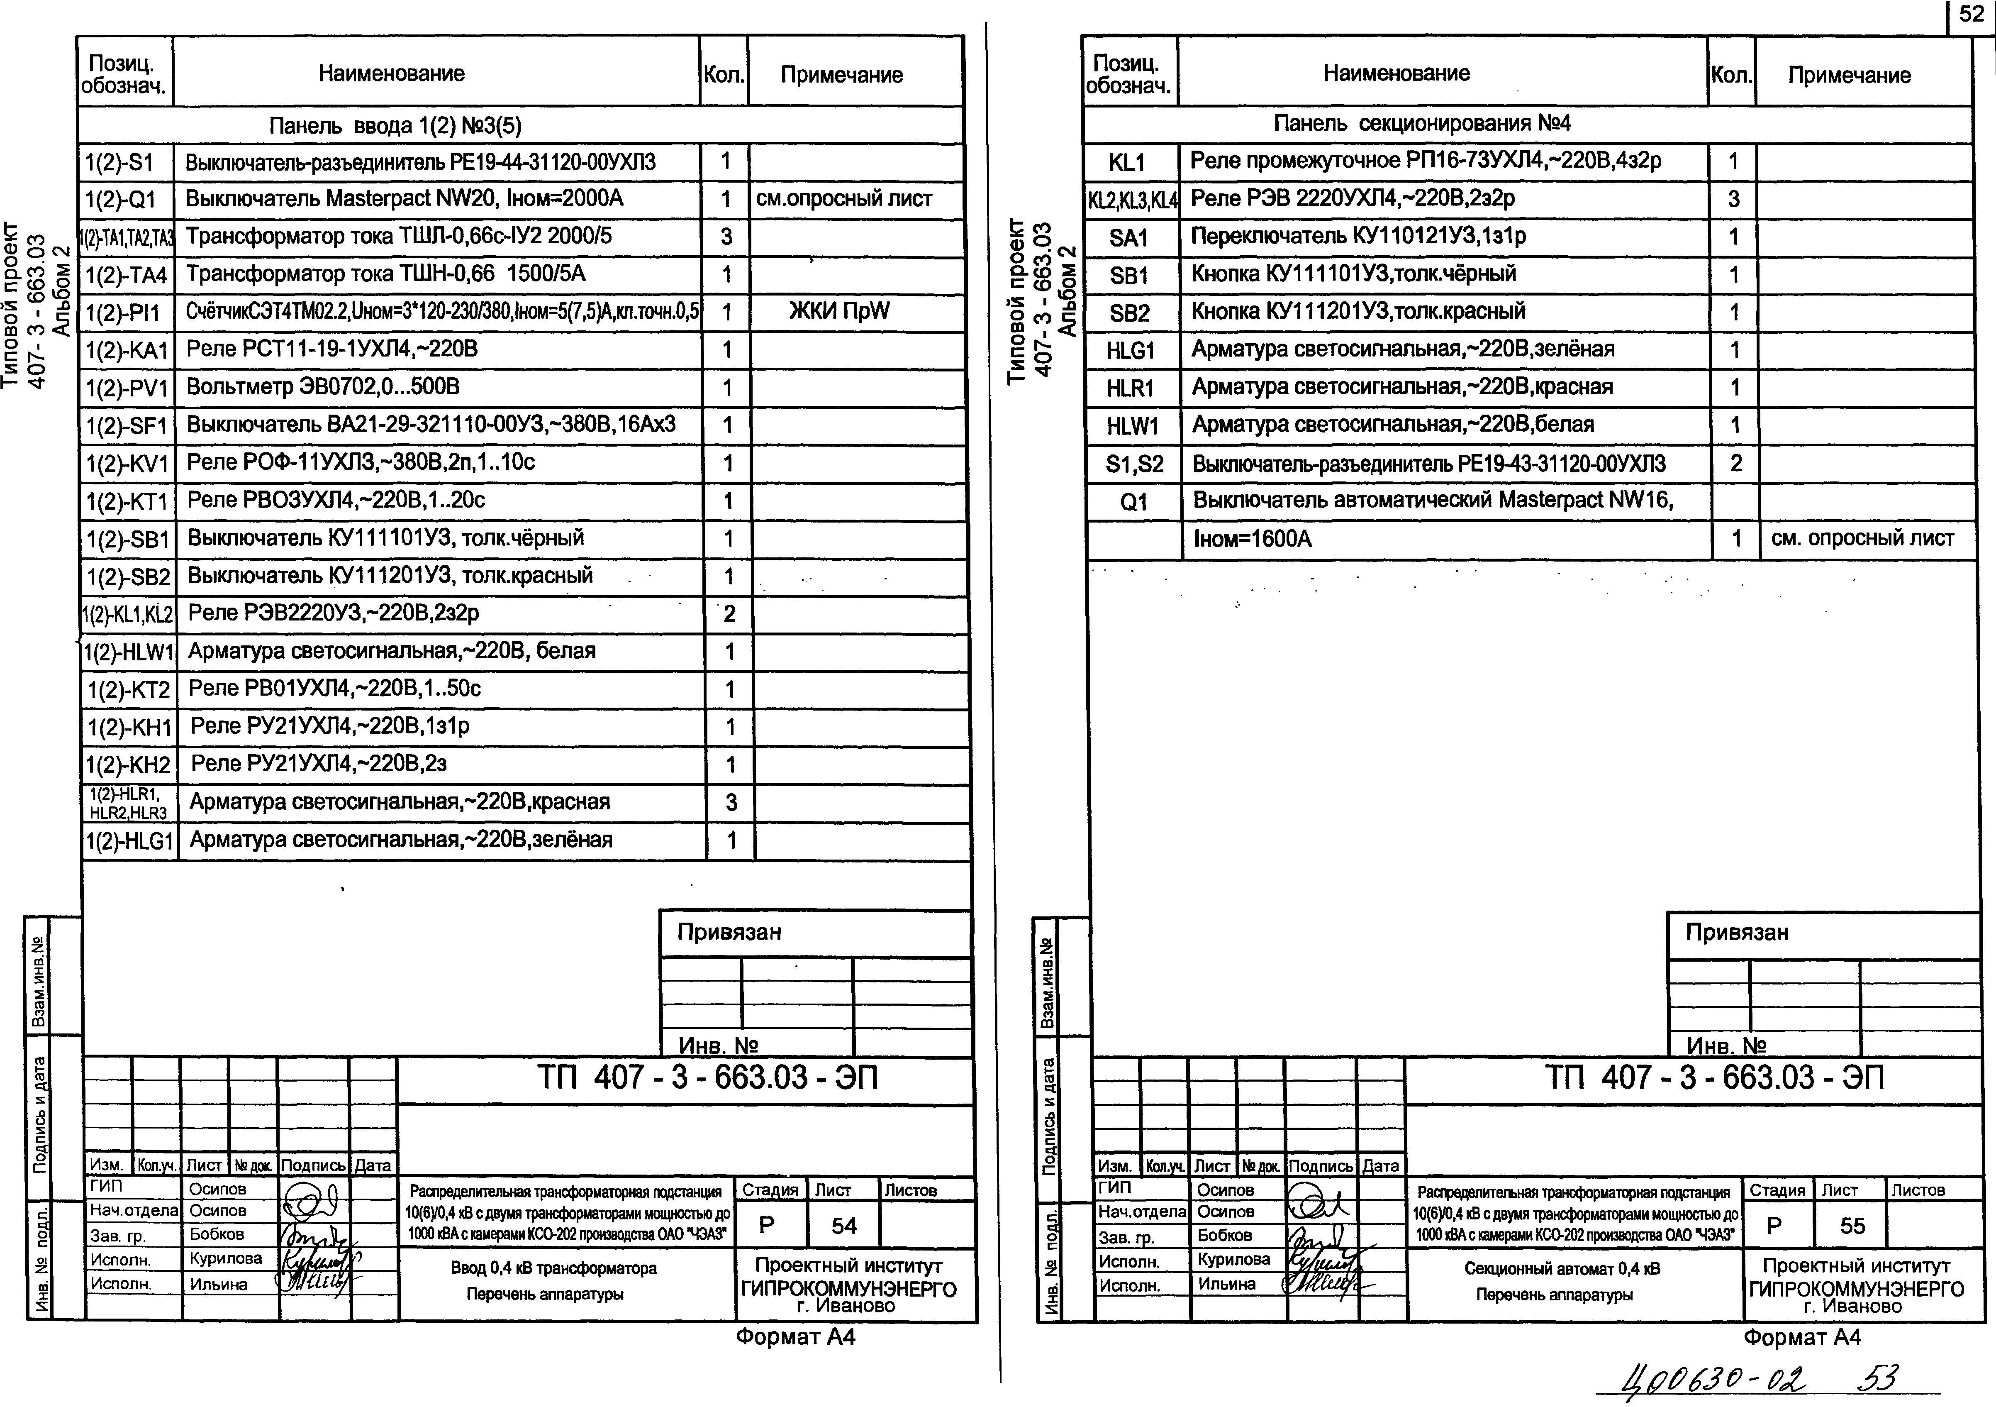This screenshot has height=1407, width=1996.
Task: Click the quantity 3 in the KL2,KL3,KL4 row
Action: [1733, 199]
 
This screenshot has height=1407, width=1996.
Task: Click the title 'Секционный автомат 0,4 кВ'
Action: [1562, 1269]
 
